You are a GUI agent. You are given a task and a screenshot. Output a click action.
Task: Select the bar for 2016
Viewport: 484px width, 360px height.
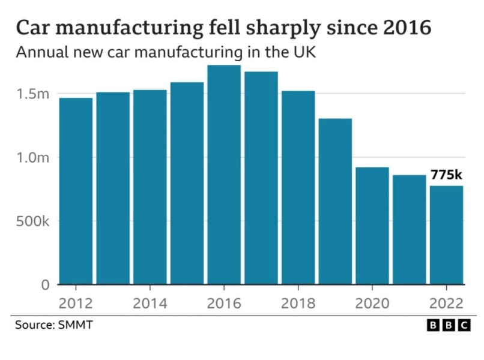(223, 174)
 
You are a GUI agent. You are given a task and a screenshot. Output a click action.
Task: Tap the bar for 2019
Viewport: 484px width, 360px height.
(335, 201)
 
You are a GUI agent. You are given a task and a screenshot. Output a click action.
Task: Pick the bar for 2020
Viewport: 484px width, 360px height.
(372, 226)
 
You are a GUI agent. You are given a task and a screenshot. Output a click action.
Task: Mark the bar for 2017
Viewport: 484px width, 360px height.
(261, 178)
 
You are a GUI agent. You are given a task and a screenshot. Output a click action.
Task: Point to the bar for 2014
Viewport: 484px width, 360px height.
(150, 187)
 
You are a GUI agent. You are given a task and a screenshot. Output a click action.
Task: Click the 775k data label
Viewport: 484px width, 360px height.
(446, 175)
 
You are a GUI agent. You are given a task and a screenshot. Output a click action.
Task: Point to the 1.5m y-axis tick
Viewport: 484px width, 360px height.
(34, 94)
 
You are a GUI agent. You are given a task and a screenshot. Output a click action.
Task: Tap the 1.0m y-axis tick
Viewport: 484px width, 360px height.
(34, 158)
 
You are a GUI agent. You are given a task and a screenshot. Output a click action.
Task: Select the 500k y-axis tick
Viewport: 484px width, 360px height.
(32, 221)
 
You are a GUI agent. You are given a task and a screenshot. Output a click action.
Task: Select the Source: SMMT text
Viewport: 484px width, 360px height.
(54, 325)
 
